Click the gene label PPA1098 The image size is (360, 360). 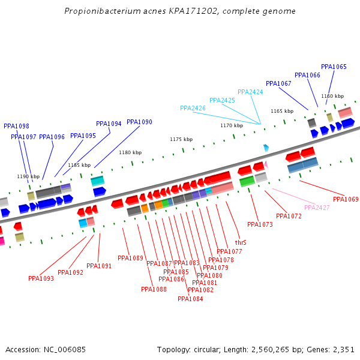(16, 126)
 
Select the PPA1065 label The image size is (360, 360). (334, 67)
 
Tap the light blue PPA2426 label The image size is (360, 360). (193, 108)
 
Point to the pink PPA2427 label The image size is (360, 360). (317, 208)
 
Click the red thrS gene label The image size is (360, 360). (241, 242)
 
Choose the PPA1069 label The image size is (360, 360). (346, 199)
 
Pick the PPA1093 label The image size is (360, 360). (41, 278)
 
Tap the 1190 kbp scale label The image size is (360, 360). (28, 176)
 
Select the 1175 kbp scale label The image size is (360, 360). (181, 139)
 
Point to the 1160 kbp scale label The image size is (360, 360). (332, 96)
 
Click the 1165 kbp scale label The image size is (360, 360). (282, 111)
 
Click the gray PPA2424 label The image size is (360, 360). (250, 92)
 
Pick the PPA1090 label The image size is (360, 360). (139, 122)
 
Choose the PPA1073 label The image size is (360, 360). (260, 224)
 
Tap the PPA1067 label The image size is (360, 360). (278, 83)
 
